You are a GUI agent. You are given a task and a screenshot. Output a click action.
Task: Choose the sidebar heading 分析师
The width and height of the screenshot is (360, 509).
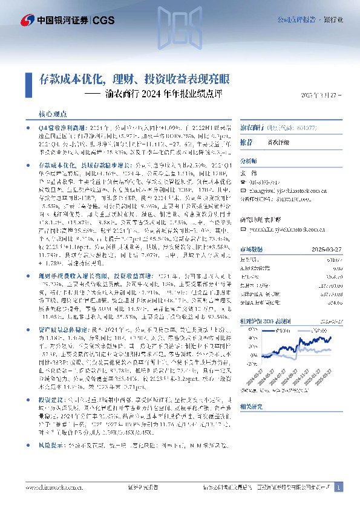[249, 161]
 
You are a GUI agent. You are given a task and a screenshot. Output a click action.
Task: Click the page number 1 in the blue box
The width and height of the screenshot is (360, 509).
[339, 487]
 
